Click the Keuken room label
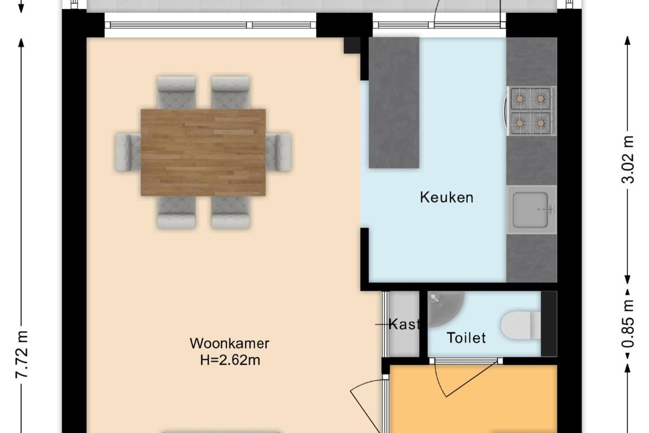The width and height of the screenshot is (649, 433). pyautogui.click(x=447, y=198)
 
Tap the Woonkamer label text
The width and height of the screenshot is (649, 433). pyautogui.click(x=229, y=343)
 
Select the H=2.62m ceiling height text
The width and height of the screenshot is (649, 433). pyautogui.click(x=230, y=360)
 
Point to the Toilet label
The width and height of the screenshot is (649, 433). pyautogui.click(x=466, y=338)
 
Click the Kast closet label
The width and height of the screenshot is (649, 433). pyautogui.click(x=404, y=324)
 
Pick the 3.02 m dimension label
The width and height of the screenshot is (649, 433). pyautogui.click(x=628, y=160)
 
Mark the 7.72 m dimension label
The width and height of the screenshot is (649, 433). pyautogui.click(x=22, y=355)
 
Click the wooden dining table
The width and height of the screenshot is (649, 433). pyautogui.click(x=203, y=152)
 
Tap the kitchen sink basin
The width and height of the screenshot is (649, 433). pyautogui.click(x=530, y=210)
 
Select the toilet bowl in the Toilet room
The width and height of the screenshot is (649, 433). pyautogui.click(x=521, y=325)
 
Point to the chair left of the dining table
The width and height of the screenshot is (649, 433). pyautogui.click(x=128, y=153)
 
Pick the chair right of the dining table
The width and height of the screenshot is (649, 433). pyautogui.click(x=279, y=153)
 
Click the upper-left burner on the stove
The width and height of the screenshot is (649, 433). pyautogui.click(x=520, y=99)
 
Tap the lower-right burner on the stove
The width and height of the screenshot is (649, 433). pyautogui.click(x=540, y=123)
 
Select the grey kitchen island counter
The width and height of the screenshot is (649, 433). pyautogui.click(x=394, y=103)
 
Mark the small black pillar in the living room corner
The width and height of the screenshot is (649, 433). pyautogui.click(x=352, y=45)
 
